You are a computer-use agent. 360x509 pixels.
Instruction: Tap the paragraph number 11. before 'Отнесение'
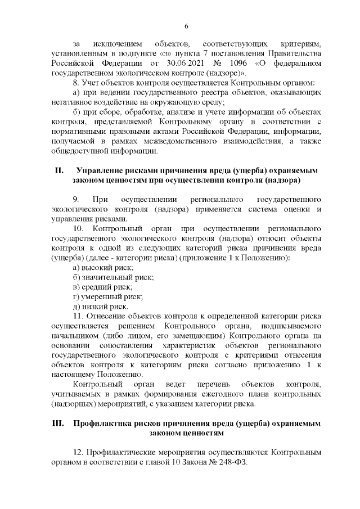click(78, 317)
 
